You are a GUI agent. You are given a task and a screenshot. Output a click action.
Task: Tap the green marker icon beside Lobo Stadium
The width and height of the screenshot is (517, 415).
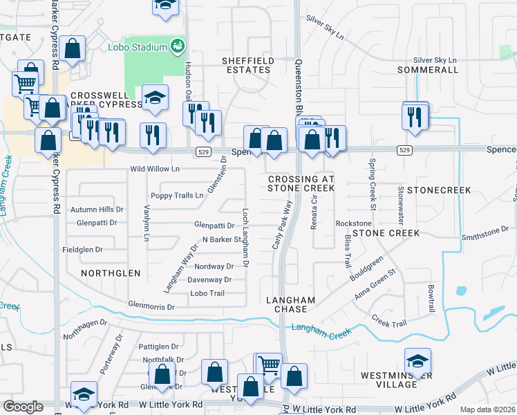[x=178, y=46]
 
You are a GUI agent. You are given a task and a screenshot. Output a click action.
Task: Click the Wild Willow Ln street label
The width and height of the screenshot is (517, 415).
[x=155, y=169]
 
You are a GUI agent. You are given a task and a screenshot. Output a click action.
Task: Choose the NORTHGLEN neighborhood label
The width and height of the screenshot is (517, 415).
[x=111, y=273]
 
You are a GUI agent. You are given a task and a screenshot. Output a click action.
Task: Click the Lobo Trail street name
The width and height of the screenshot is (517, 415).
[x=207, y=293]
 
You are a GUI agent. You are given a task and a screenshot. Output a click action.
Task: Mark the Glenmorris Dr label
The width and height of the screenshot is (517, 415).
[x=151, y=305]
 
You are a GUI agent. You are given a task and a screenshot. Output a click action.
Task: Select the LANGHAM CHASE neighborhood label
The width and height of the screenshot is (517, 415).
[x=291, y=304]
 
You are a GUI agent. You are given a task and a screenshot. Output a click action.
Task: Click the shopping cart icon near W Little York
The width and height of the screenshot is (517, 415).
[x=268, y=364]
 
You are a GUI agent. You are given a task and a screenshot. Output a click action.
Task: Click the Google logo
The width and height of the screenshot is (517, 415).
[x=22, y=407]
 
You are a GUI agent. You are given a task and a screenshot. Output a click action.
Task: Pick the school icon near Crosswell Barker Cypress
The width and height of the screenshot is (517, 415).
[x=156, y=98]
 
